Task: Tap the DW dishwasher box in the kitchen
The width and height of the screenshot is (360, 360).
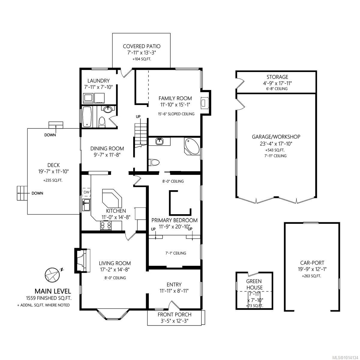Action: click(86, 192)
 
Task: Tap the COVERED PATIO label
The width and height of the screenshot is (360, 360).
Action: click(142, 46)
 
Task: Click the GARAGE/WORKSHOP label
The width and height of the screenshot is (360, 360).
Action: click(276, 137)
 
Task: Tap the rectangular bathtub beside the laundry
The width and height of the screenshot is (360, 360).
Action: click(87, 117)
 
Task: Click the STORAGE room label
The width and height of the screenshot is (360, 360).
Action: click(277, 77)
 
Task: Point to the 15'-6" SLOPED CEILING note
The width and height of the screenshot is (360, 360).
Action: click(176, 114)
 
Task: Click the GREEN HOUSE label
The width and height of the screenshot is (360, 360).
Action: click(254, 284)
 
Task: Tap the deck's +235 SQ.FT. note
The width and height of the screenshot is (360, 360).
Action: click(53, 181)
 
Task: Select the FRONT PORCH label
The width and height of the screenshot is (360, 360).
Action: click(174, 314)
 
